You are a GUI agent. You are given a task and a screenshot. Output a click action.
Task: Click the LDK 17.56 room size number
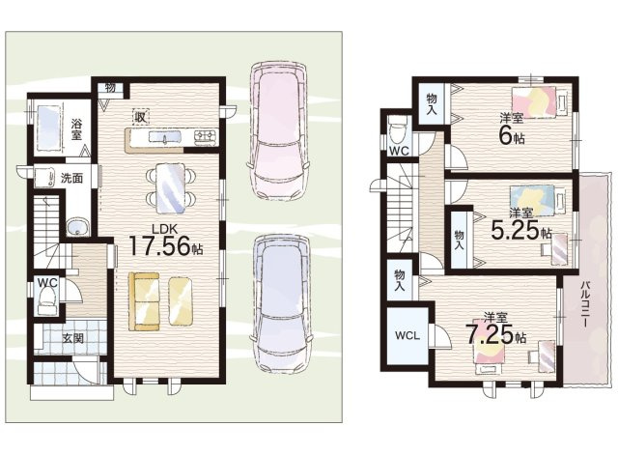[x=159, y=246]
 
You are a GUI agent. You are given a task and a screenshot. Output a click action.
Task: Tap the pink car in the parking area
[x=277, y=130]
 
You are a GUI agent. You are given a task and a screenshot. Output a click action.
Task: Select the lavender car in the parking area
[x=281, y=303]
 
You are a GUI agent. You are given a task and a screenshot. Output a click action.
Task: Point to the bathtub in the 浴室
[x=48, y=128]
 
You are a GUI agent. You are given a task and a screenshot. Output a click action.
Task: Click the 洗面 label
[x=71, y=178]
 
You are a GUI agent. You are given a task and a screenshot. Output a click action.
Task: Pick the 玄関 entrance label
[x=73, y=338]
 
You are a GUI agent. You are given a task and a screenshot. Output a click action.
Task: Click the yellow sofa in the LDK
[x=144, y=301]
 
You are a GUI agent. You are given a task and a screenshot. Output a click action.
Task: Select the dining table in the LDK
[x=170, y=188]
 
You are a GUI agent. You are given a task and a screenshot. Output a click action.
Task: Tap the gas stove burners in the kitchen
[x=205, y=136]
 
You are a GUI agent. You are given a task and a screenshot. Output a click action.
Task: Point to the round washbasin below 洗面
[x=77, y=228]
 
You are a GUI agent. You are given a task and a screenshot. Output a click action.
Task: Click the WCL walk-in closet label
[x=407, y=336]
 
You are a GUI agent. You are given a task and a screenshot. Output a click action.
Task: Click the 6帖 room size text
[x=512, y=136]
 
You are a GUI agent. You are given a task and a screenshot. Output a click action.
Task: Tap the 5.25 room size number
[x=515, y=230]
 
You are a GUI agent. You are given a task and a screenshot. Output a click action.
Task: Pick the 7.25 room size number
[x=490, y=334]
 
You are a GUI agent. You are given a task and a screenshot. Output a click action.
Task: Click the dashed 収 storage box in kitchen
[x=140, y=117]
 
